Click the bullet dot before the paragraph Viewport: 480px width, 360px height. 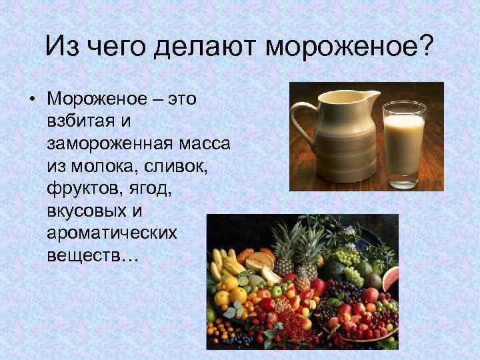pos(31,100)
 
